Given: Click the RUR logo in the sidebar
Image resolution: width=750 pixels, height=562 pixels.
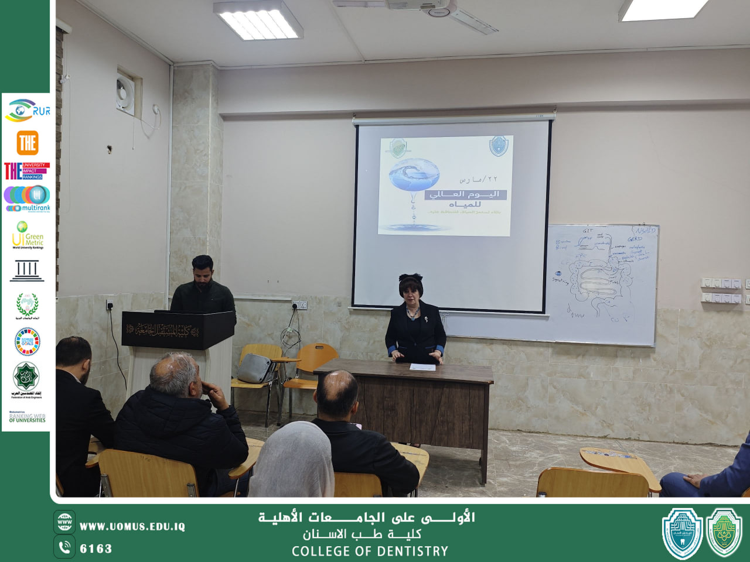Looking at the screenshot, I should tap(27, 111).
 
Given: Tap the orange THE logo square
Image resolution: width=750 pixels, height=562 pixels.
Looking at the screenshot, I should tap(27, 143).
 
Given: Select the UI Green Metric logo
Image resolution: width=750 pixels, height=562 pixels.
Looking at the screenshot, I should tap(27, 235).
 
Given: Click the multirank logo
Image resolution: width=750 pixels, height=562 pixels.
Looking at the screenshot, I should tap(27, 198).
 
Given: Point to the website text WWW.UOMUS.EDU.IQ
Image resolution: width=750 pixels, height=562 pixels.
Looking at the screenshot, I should tap(132, 527).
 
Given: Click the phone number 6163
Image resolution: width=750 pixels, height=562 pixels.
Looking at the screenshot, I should tap(96, 549).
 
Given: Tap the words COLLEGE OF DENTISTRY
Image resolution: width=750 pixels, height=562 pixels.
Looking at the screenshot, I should tap(370, 551).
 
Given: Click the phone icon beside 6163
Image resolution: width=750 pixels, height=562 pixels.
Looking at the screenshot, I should tap(64, 547).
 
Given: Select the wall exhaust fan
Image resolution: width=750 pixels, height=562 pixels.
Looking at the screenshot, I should tap(125, 94).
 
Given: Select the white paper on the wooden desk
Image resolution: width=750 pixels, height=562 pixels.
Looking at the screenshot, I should tap(422, 367).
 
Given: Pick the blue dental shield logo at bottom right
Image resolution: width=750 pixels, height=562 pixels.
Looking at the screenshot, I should tap(682, 533).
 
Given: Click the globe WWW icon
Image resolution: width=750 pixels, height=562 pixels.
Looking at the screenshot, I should tap(64, 522).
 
